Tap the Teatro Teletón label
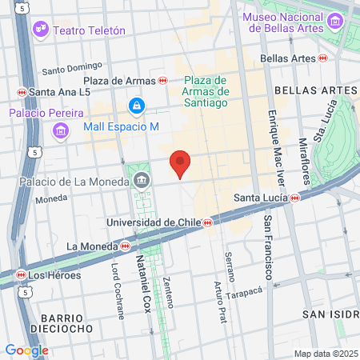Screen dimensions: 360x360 click(x=89, y=30)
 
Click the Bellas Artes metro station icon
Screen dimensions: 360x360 click(x=322, y=58)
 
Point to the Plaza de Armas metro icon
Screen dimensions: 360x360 click(x=162, y=80)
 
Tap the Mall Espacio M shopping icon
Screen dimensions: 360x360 click(x=137, y=106)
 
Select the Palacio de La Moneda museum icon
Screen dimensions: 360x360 click(x=142, y=180)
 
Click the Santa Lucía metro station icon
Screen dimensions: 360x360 click(x=295, y=197)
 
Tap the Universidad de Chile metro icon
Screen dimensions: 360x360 click(x=207, y=222)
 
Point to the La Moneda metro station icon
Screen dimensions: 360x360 click(x=126, y=246)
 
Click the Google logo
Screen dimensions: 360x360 click(x=26, y=350)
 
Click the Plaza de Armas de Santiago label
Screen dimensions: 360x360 click(x=206, y=90)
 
